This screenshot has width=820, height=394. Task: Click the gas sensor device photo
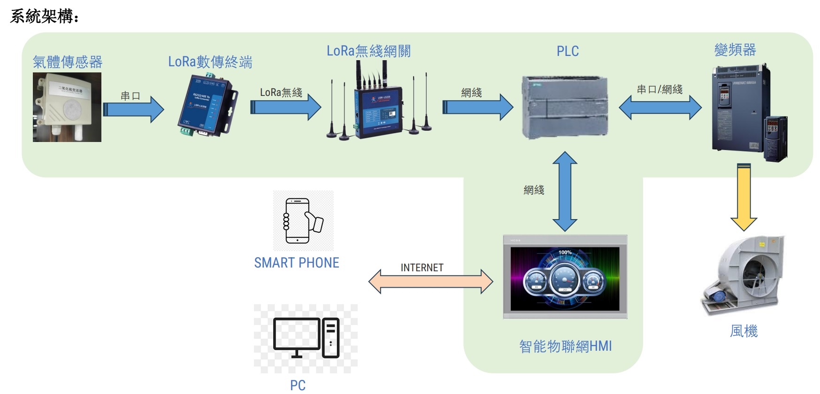tap(67, 107)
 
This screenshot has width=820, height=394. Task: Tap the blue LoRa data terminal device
tap(207, 107)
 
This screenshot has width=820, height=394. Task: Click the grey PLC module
tap(565, 107)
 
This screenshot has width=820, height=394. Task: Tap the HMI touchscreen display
tap(565, 277)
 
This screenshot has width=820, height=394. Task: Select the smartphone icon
tap(303, 221)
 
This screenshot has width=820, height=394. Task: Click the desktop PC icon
tap(306, 338)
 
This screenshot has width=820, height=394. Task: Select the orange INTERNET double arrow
tap(430, 282)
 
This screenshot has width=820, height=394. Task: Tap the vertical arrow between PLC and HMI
tap(565, 191)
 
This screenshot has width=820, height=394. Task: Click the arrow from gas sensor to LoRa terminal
tap(133, 109)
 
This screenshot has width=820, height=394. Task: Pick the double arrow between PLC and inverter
tap(660, 108)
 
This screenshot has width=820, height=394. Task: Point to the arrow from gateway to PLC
tap(477, 107)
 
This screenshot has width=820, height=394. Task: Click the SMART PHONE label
tap(297, 263)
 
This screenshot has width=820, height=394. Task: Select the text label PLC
tap(567, 51)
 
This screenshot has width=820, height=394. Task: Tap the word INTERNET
tap(421, 268)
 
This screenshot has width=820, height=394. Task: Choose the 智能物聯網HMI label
tap(565, 347)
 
